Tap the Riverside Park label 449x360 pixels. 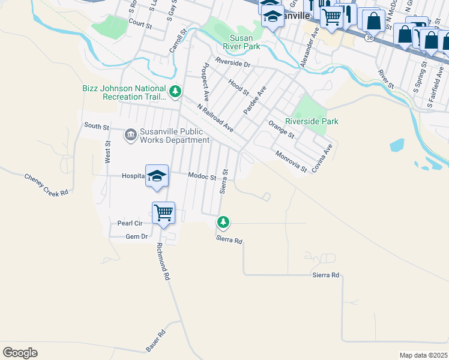[312, 121]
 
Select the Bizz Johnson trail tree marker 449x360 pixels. [175, 92]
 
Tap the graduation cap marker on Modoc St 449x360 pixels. [157, 176]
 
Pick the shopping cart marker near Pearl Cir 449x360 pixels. [163, 212]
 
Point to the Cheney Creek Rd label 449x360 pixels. [46, 185]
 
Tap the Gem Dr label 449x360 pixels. [136, 236]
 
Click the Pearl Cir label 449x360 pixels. [129, 223]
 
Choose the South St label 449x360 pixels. [97, 127]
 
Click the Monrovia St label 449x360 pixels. [291, 163]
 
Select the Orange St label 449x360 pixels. [281, 130]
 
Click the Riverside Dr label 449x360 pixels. [232, 63]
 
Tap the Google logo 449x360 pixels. [20, 353]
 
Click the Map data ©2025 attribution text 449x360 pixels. [423, 355]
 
